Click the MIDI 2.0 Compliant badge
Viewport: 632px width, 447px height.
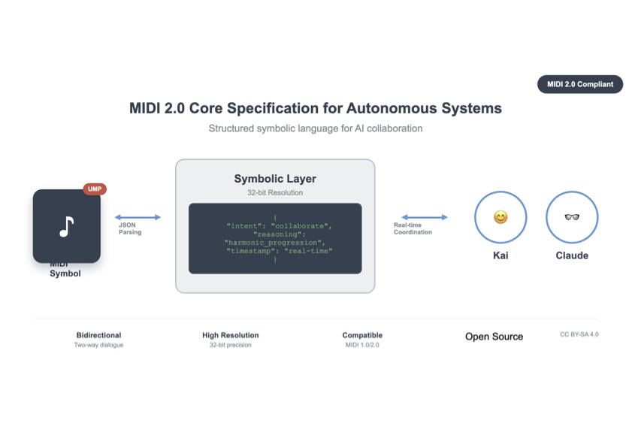pos(580,84)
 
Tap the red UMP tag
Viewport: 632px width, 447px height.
pos(95,189)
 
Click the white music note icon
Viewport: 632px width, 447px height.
pos(67,226)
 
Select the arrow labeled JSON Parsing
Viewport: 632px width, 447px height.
pos(138,217)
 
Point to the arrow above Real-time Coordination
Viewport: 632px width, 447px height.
pos(425,217)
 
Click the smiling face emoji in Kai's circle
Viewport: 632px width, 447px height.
pos(500,218)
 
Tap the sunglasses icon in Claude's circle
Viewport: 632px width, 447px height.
pos(572,218)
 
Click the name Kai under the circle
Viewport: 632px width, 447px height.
pos(500,255)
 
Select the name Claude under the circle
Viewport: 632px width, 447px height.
pos(572,255)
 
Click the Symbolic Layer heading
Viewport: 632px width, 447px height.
pos(275,179)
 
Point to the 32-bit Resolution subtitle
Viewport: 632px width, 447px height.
pos(275,193)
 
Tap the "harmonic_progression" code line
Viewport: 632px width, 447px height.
pos(274,243)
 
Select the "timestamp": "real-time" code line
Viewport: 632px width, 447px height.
pos(279,251)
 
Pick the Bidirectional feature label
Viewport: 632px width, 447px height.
pos(98,335)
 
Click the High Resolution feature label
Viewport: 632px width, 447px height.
pos(231,335)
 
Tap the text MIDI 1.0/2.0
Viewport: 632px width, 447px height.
pos(362,345)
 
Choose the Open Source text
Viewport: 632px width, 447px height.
pos(494,337)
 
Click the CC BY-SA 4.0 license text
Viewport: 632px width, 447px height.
pos(579,334)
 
